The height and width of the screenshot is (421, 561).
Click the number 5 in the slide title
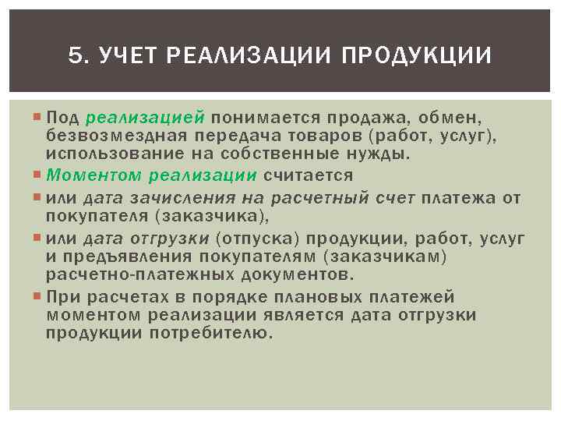point(74,57)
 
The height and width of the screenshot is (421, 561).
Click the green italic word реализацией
point(145,118)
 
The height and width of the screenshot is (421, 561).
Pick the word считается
point(309,175)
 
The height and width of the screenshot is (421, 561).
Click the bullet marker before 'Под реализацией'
point(38,118)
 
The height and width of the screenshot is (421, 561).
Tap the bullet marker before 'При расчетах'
point(38,297)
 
